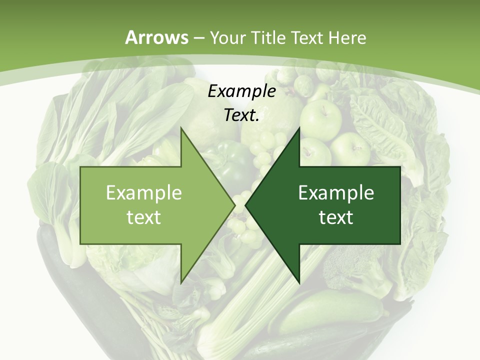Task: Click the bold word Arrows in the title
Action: (x=156, y=37)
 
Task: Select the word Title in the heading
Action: (x=271, y=37)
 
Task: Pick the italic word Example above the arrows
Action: (x=241, y=91)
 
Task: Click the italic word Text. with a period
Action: (x=241, y=115)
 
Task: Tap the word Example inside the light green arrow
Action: (x=143, y=192)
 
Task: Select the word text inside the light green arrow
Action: (x=143, y=217)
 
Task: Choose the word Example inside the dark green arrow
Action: (x=336, y=192)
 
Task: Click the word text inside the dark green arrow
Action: (x=336, y=217)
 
